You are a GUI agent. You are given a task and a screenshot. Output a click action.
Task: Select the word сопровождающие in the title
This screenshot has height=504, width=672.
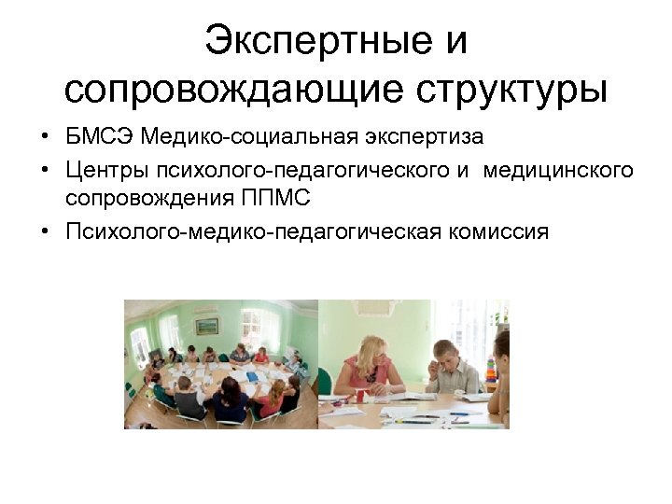[x=233, y=90]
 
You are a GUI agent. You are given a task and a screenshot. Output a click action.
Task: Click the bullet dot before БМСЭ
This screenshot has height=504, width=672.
[x=45, y=138]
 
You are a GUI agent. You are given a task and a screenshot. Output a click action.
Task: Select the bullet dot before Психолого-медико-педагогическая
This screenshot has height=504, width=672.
[x=45, y=231]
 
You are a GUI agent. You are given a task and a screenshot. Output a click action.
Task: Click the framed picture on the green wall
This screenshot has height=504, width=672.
[x=206, y=326]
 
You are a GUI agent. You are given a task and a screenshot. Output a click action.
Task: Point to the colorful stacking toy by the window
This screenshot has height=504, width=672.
[x=494, y=358]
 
